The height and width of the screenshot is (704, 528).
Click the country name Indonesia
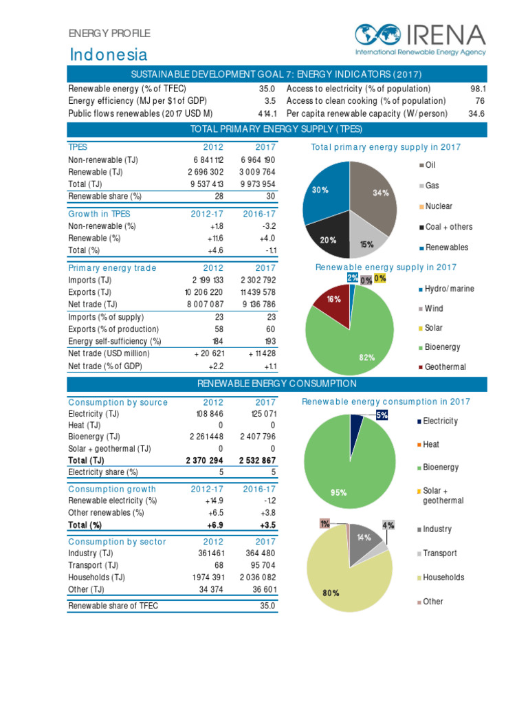[109, 54]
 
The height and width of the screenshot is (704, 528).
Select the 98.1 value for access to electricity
[478, 89]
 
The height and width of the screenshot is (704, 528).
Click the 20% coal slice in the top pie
[329, 237]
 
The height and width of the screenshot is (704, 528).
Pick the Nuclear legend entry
[438, 206]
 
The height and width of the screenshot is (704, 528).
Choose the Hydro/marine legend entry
[448, 289]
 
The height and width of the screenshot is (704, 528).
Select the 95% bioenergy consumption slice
[344, 467]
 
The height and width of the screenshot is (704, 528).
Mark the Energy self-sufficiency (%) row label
[115, 342]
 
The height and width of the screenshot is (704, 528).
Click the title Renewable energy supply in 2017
[386, 267]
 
